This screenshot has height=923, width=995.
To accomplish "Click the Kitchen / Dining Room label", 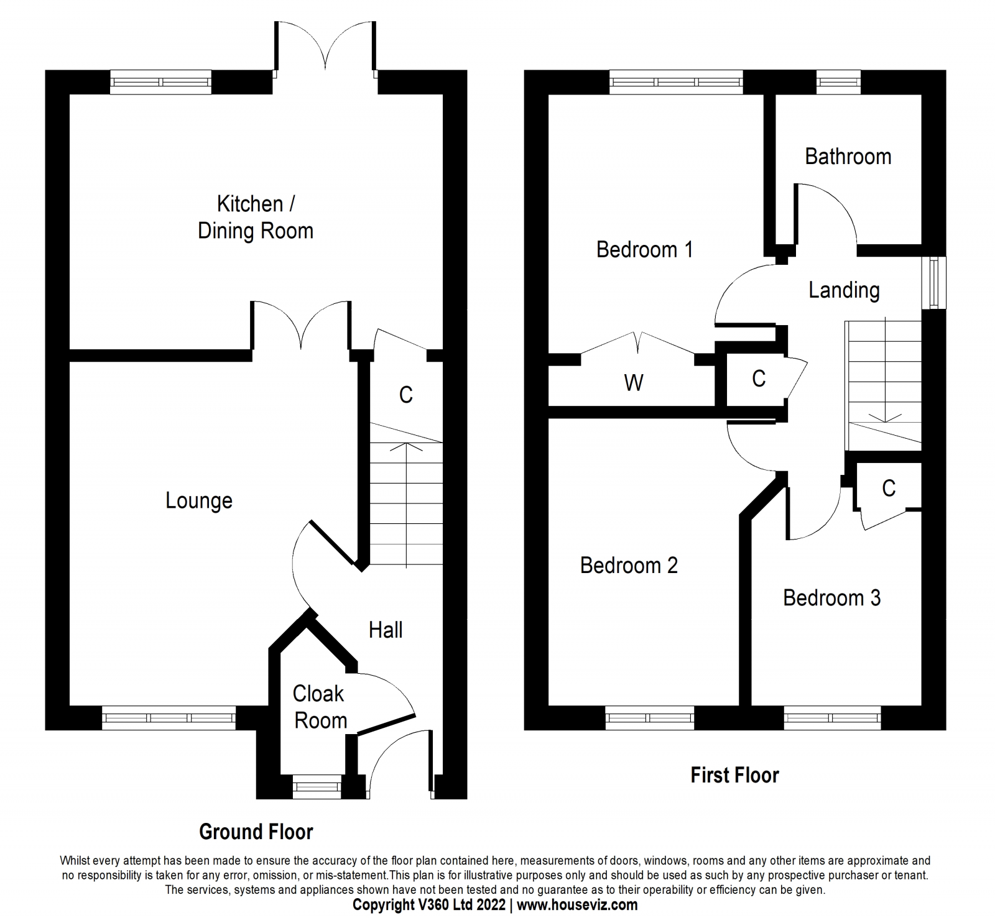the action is click(256, 218).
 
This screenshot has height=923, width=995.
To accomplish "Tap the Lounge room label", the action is click(199, 500).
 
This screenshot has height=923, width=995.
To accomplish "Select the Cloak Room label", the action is click(320, 707).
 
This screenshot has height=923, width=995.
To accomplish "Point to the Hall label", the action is click(386, 630).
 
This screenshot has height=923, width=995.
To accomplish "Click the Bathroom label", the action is click(848, 156).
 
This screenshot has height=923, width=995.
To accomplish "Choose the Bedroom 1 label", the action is click(644, 249).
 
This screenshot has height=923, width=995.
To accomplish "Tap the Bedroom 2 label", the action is click(629, 565).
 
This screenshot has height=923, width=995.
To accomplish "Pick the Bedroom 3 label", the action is click(831, 597).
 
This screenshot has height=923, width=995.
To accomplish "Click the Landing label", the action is click(844, 290).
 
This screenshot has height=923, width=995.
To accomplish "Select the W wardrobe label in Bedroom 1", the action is click(633, 383).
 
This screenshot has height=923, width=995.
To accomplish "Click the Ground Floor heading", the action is click(256, 832).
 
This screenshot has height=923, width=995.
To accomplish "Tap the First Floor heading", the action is click(734, 775).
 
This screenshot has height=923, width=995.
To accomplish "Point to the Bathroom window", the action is click(838, 82).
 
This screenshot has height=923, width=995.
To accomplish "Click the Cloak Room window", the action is click(317, 787).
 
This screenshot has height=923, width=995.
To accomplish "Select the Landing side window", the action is click(934, 283).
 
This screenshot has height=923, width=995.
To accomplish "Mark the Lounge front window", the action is click(169, 718).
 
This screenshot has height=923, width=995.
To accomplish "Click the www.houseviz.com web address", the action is click(577, 905).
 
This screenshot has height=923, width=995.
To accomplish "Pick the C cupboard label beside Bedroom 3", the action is click(889, 488).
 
